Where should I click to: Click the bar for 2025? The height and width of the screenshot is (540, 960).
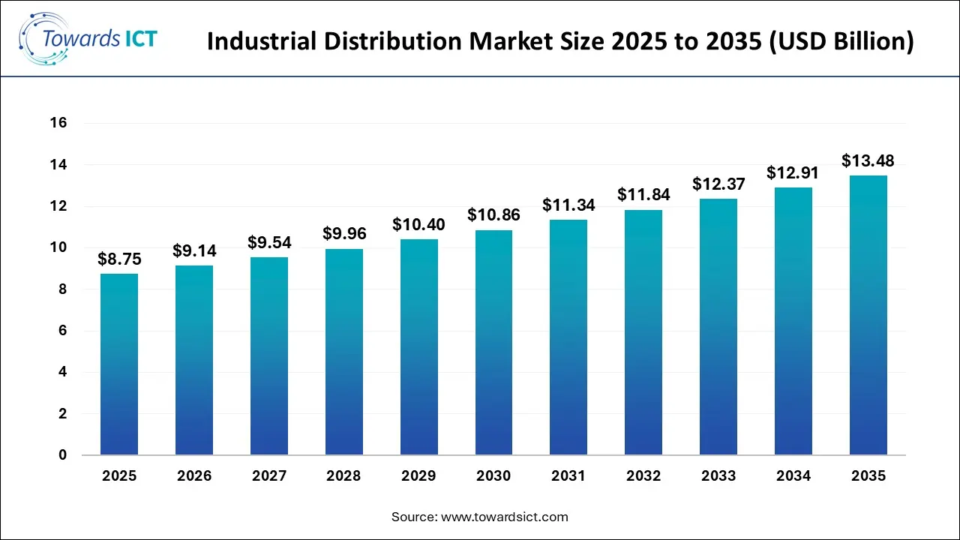pos(119,364)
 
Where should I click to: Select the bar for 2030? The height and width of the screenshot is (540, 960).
pos(493,343)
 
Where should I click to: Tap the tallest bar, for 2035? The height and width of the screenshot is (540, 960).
pos(868,315)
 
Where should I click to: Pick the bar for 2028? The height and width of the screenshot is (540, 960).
pos(344,352)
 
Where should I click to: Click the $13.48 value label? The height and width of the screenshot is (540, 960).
pos(868,160)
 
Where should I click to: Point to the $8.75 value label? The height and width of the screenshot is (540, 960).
pos(119,259)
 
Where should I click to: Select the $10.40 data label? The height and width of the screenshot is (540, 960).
pos(418,224)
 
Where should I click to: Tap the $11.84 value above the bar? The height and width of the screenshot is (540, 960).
pos(643,194)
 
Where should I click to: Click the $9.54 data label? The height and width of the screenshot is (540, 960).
pos(269,242)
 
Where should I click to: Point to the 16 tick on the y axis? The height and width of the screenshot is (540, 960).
pos(58,123)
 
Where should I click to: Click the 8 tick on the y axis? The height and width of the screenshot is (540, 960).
pos(62,289)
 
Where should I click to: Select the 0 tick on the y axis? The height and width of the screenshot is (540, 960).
pos(62,455)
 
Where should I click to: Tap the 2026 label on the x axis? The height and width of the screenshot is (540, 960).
pos(194,476)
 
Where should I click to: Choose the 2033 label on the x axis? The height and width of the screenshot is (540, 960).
pos(718,476)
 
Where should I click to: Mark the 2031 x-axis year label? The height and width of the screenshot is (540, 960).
pos(568,476)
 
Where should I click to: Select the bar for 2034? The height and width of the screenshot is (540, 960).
pos(793,321)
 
